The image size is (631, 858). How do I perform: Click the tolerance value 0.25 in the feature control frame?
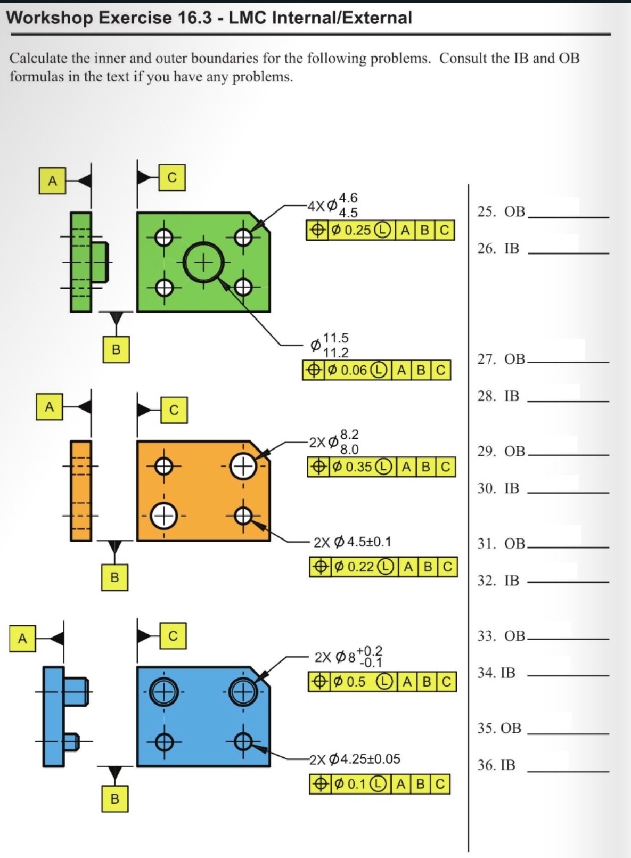coord(357,231)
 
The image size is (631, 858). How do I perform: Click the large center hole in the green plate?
coord(202,262)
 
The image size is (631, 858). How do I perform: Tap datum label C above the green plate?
coord(172,177)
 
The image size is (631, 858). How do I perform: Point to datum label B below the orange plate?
coord(114,577)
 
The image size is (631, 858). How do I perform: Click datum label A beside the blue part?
coord(22,638)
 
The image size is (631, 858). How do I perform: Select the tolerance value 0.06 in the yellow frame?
coord(354,370)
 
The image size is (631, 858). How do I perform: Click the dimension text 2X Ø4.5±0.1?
coord(352,542)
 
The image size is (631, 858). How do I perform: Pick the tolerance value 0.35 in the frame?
coord(359,467)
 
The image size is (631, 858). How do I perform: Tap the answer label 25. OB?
coord(501,211)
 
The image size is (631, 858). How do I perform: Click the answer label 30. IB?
coord(498,488)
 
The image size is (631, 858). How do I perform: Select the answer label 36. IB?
coord(496,765)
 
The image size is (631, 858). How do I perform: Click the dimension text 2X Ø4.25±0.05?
coord(355,759)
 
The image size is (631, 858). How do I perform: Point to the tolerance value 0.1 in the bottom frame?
coord(356,784)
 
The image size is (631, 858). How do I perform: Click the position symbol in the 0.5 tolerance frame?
coord(319,682)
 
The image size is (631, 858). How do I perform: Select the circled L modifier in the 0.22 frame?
coord(386,567)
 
